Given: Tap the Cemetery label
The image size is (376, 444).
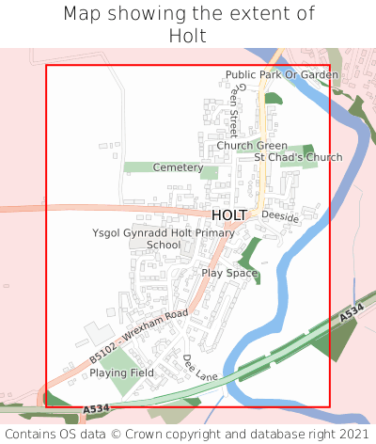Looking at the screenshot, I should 178,167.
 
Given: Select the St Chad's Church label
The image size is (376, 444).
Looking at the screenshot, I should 298,157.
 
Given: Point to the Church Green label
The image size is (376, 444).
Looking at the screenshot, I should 252,146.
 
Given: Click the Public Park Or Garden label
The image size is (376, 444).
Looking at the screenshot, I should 281,74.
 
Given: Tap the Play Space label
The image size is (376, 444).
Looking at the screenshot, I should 229,273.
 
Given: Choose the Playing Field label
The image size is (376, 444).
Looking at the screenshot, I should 121,373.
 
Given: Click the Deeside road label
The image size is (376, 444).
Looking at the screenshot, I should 280,217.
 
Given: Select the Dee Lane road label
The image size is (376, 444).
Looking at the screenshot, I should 200,368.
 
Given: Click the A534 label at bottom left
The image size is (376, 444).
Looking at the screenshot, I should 95,409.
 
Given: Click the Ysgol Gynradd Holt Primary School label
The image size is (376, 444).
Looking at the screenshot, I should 164,238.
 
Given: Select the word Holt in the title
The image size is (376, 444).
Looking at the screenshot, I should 188,36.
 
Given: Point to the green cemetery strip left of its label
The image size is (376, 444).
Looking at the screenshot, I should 137,167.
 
